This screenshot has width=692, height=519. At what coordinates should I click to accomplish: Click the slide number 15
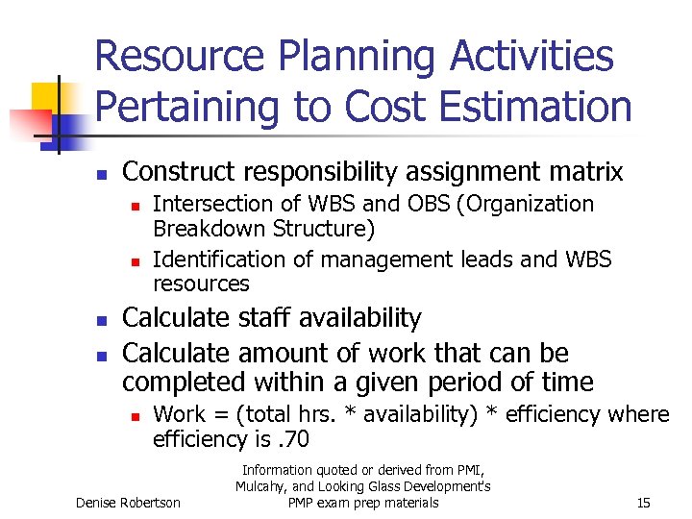[x=644, y=503]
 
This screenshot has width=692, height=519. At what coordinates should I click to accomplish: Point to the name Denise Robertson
[x=128, y=503]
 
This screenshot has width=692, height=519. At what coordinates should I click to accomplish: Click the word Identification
[x=210, y=259]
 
